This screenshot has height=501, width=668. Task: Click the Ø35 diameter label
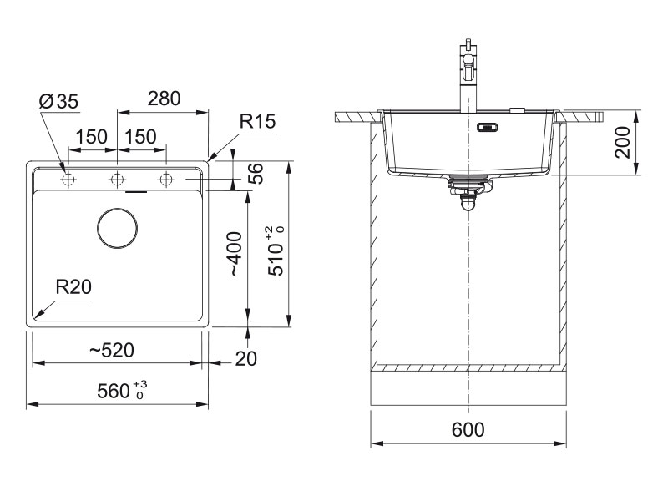click(x=58, y=102)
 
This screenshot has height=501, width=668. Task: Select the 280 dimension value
click(x=164, y=99)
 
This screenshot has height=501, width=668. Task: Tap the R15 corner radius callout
click(x=257, y=122)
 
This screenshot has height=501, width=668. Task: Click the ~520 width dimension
click(x=112, y=350)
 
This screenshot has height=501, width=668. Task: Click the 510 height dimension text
click(x=276, y=250)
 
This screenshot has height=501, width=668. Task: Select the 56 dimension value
click(x=256, y=173)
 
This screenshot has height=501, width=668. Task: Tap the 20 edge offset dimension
click(x=245, y=358)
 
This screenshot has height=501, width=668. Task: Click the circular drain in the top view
click(x=119, y=227)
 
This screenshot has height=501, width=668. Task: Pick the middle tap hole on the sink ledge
click(x=118, y=179)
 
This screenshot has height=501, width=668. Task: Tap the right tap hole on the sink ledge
click(x=167, y=179)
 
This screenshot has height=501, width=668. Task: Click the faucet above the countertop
click(x=468, y=79)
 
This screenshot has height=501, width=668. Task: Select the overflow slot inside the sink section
click(x=486, y=128)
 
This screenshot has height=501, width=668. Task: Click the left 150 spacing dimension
click(x=93, y=137)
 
